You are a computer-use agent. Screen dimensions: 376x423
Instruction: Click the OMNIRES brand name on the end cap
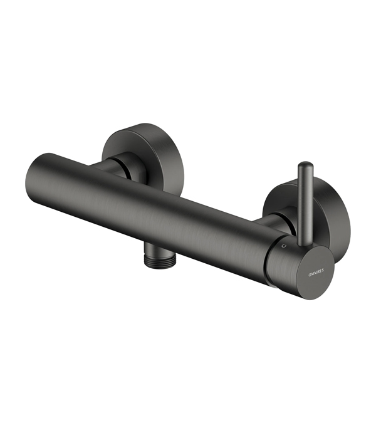[x=316, y=274]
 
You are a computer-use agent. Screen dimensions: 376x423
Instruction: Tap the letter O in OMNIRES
[x=310, y=274]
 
